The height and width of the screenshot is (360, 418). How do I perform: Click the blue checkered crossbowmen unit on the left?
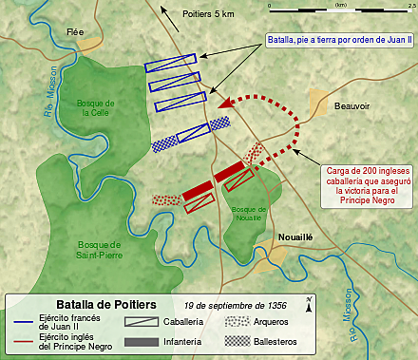tap(170, 143)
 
